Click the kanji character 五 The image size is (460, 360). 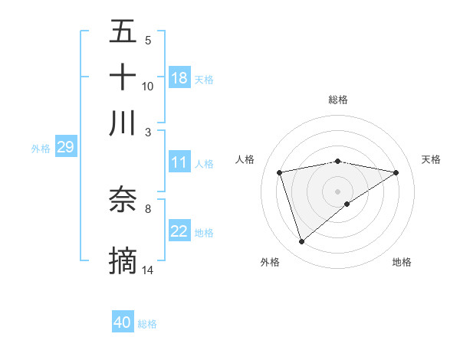[123, 32]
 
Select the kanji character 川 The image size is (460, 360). [123, 123]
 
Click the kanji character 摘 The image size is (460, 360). [123, 260]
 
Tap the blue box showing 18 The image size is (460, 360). [179, 78]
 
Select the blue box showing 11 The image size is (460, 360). [179, 162]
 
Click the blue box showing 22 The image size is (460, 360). [179, 232]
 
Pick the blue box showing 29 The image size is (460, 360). [65, 148]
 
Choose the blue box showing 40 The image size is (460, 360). [123, 322]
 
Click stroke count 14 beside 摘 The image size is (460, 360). [148, 270]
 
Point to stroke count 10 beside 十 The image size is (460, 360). [148, 87]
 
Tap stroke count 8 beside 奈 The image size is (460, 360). [148, 208]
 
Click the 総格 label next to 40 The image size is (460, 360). [147, 324]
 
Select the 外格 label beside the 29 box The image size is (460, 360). [40, 149]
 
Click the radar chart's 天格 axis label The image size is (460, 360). [431, 159]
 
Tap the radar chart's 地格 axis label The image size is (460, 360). [402, 262]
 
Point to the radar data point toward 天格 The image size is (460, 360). [396, 172]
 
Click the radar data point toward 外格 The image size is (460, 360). [301, 242]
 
